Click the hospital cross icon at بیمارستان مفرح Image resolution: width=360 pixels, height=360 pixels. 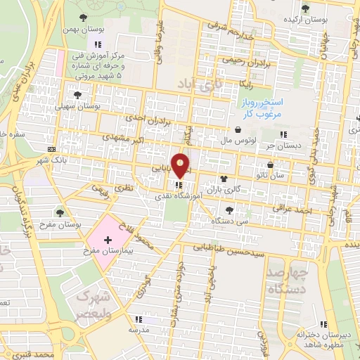pos(108,241)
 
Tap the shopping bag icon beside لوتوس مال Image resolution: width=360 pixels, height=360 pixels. pos(240,130)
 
